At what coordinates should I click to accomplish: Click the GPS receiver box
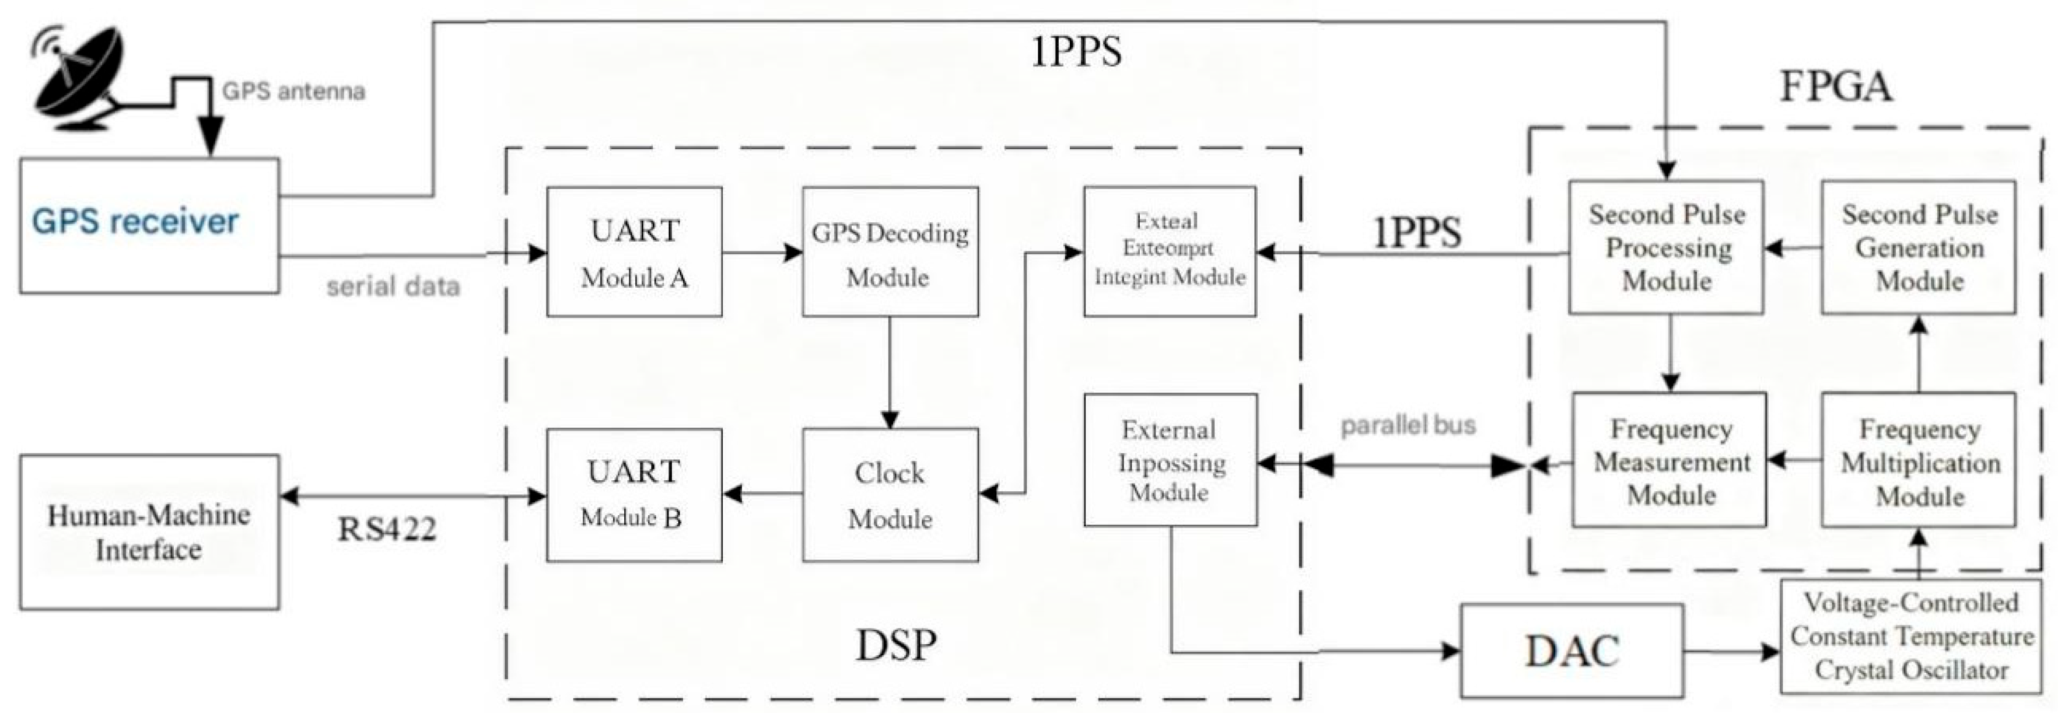(x=149, y=225)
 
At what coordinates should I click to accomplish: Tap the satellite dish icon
(x=78, y=80)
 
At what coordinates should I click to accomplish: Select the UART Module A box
(x=634, y=252)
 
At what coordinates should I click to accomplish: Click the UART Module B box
(x=634, y=494)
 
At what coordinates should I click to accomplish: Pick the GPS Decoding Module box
(x=890, y=252)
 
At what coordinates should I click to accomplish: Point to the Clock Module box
(x=890, y=494)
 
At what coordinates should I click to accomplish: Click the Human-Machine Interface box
(x=149, y=532)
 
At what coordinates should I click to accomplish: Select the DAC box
(x=1571, y=651)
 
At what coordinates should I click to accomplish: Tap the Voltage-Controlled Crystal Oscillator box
(x=1910, y=635)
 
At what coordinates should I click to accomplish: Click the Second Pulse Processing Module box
(x=1667, y=246)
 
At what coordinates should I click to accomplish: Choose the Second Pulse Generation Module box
(x=1918, y=246)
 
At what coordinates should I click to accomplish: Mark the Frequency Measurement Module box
(x=1669, y=460)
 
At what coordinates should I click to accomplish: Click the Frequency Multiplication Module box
(x=1918, y=460)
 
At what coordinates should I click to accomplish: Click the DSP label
(x=895, y=644)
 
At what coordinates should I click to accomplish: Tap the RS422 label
(x=387, y=529)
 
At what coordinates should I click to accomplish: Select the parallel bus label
(x=1408, y=425)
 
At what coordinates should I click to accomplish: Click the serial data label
(x=393, y=286)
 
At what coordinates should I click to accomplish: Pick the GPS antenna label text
(x=293, y=91)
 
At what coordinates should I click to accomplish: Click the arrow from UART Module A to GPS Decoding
(x=762, y=253)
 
